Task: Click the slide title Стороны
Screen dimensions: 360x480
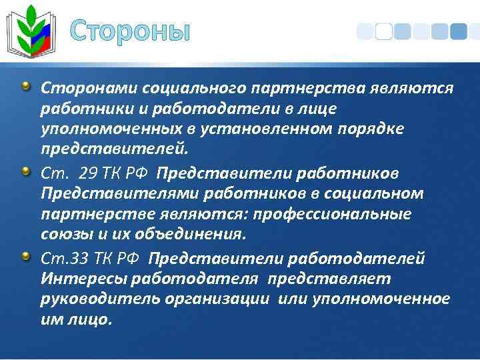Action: pos(129,31)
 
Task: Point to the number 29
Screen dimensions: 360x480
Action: pos(88,173)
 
